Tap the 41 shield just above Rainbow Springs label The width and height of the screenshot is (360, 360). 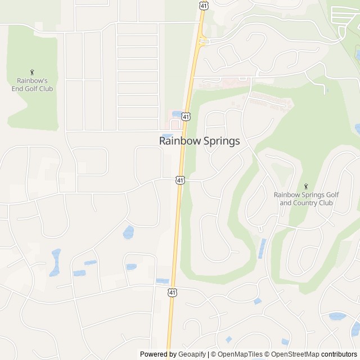tap(186, 116)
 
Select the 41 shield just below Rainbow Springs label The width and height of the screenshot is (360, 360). tap(179, 180)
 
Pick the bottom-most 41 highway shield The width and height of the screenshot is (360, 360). tap(172, 292)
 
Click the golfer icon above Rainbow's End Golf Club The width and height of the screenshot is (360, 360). tap(32, 71)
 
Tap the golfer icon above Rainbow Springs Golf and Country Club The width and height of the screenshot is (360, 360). tap(306, 186)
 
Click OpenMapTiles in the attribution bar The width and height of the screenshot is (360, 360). tap(240, 354)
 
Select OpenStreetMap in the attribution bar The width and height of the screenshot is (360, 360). tap(294, 354)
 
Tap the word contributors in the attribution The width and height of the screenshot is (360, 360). tap(339, 354)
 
